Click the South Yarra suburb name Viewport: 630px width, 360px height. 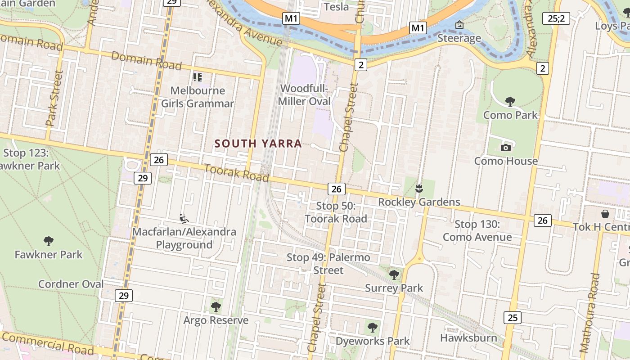point(258,144)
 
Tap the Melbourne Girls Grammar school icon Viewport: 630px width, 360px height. point(197,77)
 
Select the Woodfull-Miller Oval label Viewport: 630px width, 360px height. point(304,95)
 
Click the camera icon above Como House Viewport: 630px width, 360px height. point(506,148)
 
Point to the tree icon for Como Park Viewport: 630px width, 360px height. point(510,102)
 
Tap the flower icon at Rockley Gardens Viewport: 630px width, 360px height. point(419,189)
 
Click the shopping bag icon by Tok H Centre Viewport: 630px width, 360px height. point(605,213)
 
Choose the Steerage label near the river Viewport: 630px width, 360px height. point(459,38)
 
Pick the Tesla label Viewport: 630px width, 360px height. point(336,7)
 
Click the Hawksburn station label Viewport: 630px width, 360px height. point(468,338)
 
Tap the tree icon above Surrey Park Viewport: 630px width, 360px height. point(394,274)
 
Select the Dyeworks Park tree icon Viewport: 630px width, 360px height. point(372,328)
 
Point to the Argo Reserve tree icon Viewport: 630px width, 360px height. point(216,307)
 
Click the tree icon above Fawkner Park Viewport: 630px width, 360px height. point(49,241)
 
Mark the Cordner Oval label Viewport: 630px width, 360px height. point(71,284)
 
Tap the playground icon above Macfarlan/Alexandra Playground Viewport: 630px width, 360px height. point(184,219)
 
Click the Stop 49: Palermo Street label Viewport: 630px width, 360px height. point(328,264)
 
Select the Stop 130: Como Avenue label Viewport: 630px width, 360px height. point(477,230)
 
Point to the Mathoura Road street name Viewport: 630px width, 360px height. point(590,312)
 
